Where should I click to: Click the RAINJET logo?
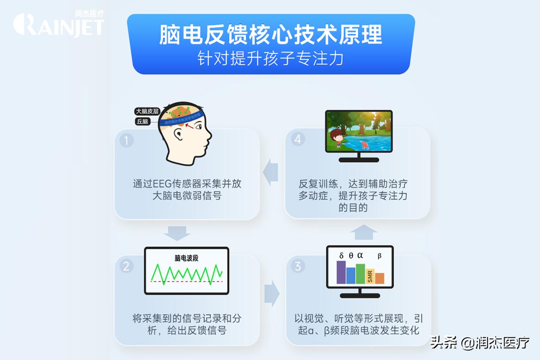(x=59, y=24)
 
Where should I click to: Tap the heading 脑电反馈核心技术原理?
(x=270, y=35)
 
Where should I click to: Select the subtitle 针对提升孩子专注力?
(x=270, y=58)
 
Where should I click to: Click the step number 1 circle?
(x=126, y=140)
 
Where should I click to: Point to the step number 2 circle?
(x=126, y=266)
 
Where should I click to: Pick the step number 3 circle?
(x=298, y=266)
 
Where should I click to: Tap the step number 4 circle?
(x=298, y=139)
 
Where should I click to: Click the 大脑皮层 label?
(x=147, y=111)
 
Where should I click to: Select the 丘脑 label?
(x=143, y=121)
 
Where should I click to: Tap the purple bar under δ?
(x=341, y=272)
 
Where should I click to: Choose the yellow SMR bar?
(x=370, y=276)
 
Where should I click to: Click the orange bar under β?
(x=380, y=278)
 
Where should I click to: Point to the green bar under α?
(x=360, y=274)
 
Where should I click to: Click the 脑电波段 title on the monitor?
(x=186, y=258)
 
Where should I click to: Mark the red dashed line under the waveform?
(x=186, y=282)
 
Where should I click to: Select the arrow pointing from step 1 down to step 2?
(x=177, y=233)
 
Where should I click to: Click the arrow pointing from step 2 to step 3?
(x=271, y=294)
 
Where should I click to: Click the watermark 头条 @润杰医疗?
(x=480, y=342)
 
